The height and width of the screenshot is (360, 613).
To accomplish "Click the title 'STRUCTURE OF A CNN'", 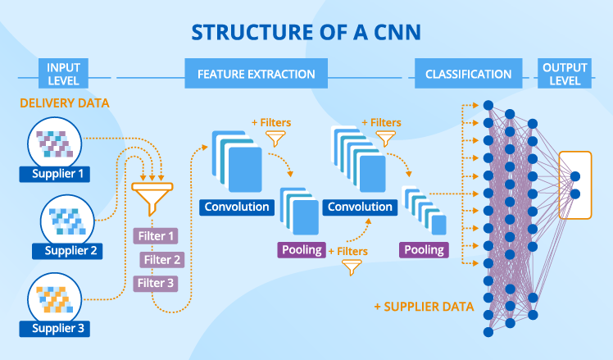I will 306,32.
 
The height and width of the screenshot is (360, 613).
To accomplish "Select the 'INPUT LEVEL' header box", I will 64,75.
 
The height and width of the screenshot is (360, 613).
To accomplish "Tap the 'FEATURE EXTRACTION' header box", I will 256,75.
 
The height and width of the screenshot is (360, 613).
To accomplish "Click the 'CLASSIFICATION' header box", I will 469,75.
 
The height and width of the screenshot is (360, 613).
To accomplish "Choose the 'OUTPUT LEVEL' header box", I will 565,75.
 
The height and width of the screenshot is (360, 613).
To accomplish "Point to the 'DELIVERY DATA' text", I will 65,104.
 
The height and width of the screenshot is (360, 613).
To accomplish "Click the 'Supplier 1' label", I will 57,174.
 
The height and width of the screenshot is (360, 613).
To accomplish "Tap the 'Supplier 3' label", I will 57,330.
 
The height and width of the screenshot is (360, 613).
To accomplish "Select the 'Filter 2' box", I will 161,260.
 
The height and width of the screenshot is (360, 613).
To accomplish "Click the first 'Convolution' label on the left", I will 236,207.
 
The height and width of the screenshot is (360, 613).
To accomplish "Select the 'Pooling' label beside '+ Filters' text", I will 302,249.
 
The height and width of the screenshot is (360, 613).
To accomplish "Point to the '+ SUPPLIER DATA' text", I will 423,307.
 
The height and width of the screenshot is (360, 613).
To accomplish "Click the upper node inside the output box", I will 574,176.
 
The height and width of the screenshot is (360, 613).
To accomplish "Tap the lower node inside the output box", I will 574,194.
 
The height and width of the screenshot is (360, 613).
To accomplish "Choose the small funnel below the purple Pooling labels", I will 352,267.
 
